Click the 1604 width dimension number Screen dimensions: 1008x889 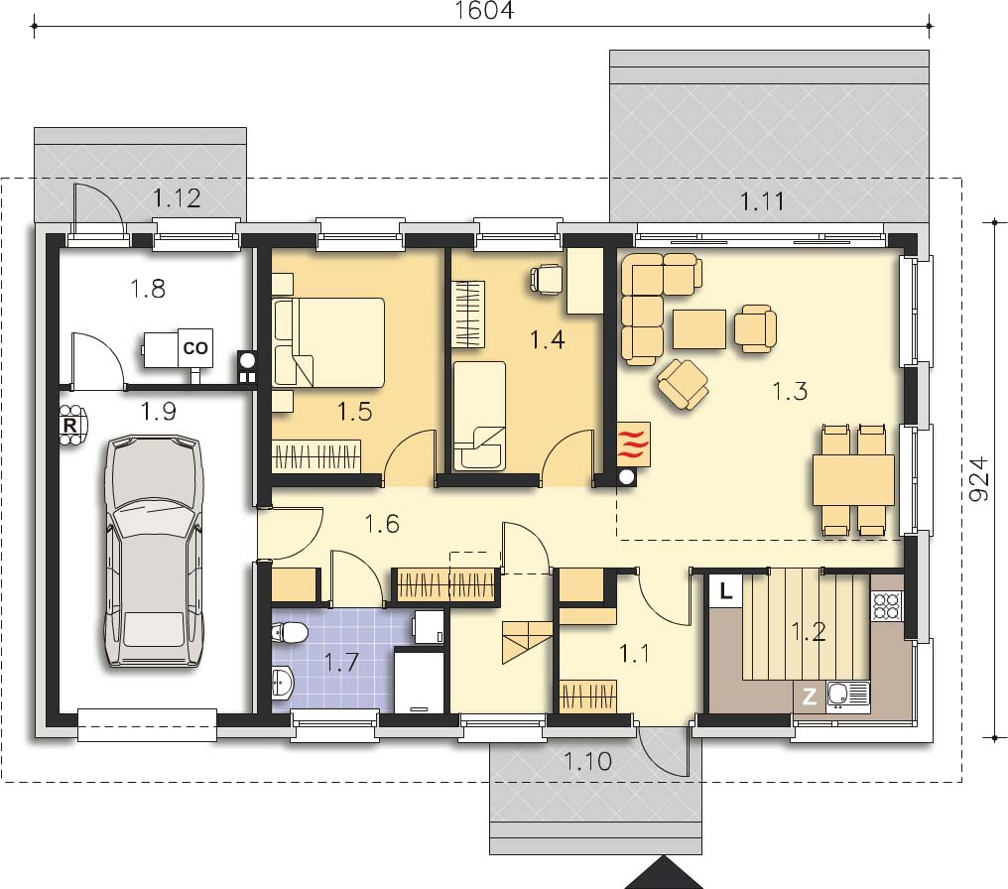(x=484, y=10)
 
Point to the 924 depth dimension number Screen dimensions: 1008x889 (x=978, y=479)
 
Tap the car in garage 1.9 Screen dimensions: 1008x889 (x=154, y=552)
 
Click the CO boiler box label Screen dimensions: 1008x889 (x=195, y=347)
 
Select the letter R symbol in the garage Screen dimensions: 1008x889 (x=70, y=425)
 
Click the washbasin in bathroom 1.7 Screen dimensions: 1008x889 (x=283, y=682)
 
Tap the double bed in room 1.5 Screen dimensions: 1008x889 (x=328, y=342)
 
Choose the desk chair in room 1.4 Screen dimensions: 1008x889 (x=546, y=279)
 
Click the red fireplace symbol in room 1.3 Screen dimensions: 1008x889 (x=633, y=444)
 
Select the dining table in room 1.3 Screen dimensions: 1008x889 (x=853, y=479)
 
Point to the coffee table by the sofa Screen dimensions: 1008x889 (x=699, y=329)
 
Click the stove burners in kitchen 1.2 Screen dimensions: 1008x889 (x=887, y=605)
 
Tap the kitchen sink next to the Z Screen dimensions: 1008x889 (x=847, y=695)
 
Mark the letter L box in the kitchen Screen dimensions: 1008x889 (x=726, y=590)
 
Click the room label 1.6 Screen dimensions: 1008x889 (x=382, y=524)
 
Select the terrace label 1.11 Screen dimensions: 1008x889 (x=762, y=201)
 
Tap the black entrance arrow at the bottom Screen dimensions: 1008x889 (x=664, y=874)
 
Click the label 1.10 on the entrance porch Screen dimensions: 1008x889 (x=587, y=762)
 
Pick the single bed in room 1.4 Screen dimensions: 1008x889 (x=479, y=416)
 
